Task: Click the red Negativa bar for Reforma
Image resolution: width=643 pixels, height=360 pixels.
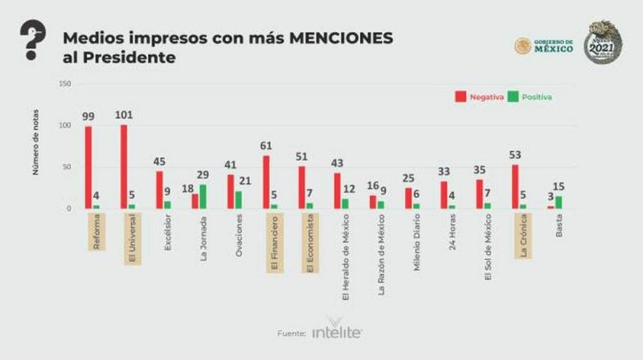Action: point(88,167)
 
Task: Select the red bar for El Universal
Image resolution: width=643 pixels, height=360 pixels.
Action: point(124,166)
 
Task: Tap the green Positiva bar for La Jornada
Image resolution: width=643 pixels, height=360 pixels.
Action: point(203,197)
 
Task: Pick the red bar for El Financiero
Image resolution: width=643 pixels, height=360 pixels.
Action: point(265,182)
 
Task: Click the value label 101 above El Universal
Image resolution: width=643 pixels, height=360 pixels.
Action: point(125,115)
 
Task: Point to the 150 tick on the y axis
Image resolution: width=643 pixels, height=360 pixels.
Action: point(65,84)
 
